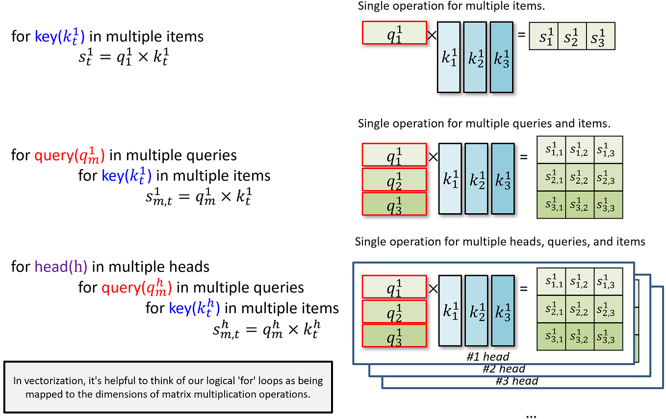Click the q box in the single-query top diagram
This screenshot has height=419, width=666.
(394, 33)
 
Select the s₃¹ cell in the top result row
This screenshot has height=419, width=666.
(600, 36)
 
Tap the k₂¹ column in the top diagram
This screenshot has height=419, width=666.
(475, 57)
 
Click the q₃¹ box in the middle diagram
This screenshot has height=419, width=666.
(394, 204)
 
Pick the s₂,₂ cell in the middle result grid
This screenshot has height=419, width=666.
(580, 177)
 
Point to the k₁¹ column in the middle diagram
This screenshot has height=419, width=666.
(450, 179)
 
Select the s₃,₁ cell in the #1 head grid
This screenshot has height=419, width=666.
(551, 337)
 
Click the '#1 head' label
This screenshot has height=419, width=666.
(487, 356)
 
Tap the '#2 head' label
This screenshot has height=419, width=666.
(504, 369)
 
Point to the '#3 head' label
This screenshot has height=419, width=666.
(517, 381)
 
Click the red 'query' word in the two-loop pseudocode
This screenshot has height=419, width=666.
(53, 156)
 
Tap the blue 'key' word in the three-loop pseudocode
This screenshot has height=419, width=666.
(179, 308)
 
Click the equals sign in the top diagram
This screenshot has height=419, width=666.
(521, 34)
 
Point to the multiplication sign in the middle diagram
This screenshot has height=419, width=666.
(433, 157)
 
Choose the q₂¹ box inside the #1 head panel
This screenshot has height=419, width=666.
(394, 312)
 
